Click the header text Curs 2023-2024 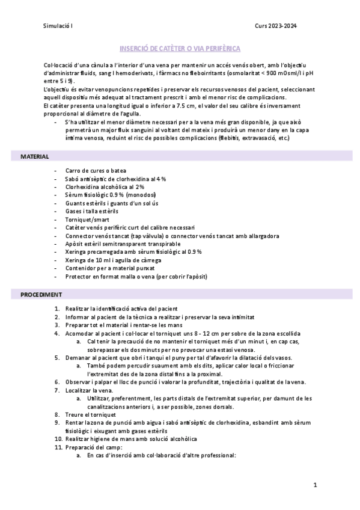point(276,25)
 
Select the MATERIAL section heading point(35,156)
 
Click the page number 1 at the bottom point(315,485)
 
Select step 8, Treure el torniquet point(95,414)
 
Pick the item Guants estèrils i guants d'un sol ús point(112,203)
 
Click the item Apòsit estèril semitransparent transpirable point(123,244)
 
